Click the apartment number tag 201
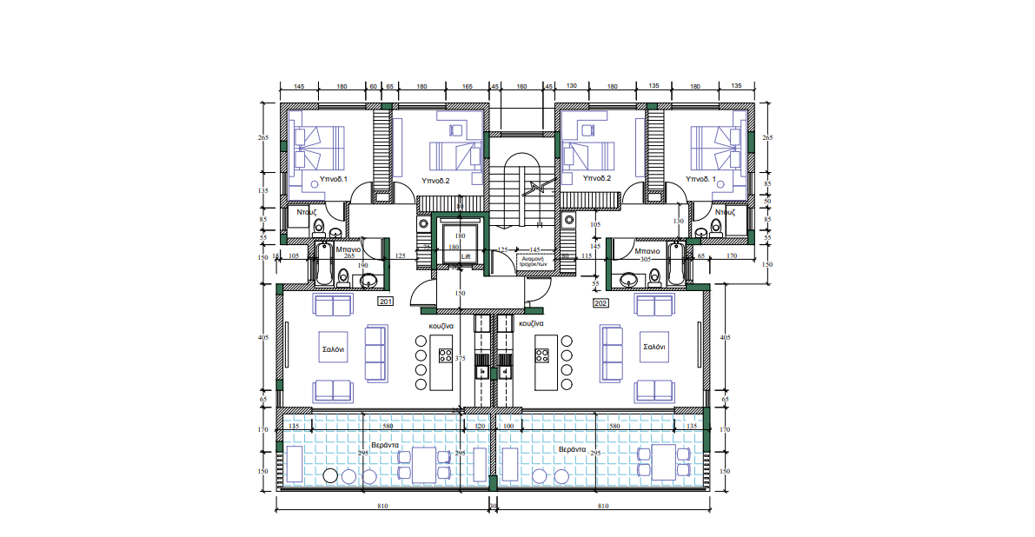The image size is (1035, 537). (x=386, y=302)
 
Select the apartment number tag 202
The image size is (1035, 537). (x=600, y=303)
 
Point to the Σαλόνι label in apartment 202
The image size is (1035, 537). (x=654, y=347)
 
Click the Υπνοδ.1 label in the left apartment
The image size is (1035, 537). (x=334, y=180)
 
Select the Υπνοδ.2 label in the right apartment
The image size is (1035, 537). (x=597, y=178)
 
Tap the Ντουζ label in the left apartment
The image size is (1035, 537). (x=305, y=211)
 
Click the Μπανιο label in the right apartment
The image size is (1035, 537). (x=647, y=250)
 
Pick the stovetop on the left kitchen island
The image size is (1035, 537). (x=445, y=355)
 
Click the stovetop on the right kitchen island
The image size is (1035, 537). (x=543, y=355)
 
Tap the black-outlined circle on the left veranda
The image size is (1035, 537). (x=329, y=475)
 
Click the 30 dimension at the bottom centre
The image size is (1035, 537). (x=493, y=505)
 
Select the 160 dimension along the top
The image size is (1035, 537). (x=521, y=86)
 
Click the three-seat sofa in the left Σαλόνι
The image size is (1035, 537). (x=375, y=354)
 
